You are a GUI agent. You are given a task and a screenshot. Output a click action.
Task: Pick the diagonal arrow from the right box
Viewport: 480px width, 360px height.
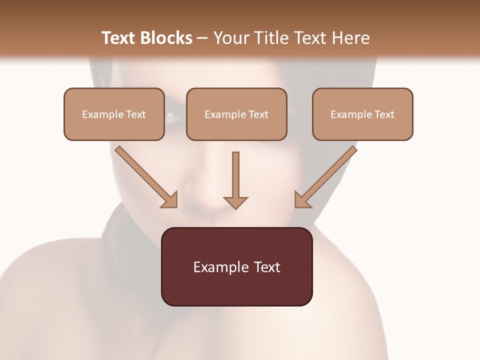tap(325, 176)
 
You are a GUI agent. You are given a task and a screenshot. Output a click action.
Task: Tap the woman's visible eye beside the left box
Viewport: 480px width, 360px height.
tap(172, 117)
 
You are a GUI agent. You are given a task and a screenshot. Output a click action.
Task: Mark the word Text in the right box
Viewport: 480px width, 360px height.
tap(384, 114)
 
